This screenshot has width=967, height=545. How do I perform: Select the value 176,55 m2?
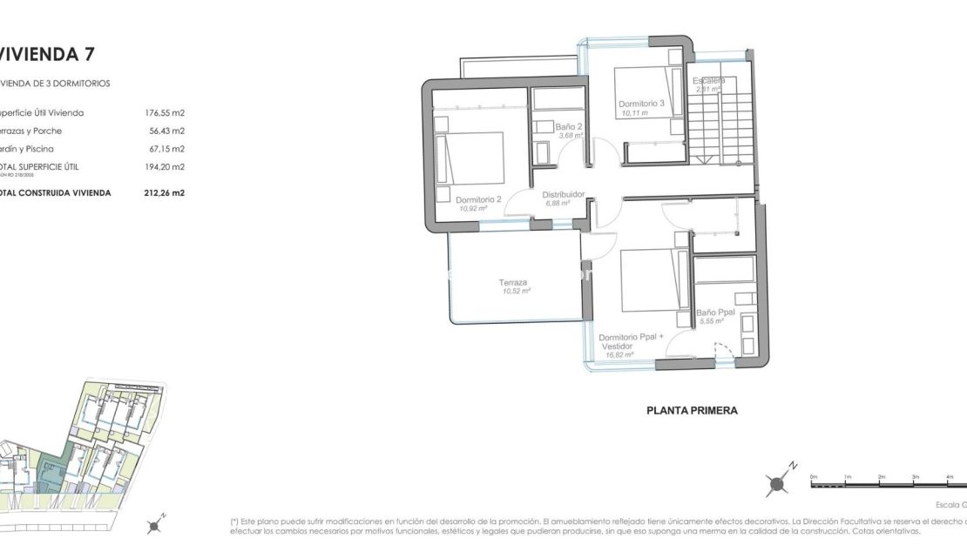(165, 112)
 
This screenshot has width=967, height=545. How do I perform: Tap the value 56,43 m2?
(167, 131)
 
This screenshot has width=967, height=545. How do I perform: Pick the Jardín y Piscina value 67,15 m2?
(167, 149)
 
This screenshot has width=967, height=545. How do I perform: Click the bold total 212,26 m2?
(165, 193)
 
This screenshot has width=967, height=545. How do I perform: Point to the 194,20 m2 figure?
(165, 166)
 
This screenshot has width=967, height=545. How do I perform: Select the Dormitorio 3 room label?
(642, 104)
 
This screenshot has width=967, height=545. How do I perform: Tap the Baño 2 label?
(568, 127)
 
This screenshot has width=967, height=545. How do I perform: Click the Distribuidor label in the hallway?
(563, 195)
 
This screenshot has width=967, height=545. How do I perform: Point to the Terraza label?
(512, 282)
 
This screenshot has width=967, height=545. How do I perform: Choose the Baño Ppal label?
(716, 312)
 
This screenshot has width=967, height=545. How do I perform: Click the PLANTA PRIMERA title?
(692, 410)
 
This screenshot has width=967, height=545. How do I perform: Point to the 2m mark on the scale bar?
(882, 477)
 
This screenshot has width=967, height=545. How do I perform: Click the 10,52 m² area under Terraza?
(517, 292)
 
